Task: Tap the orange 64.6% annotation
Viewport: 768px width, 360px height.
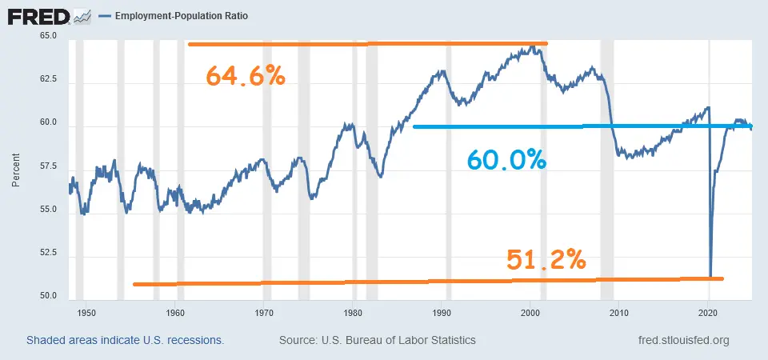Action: point(246,76)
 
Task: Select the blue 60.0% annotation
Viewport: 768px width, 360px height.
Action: point(506,160)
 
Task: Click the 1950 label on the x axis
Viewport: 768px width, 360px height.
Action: point(86,313)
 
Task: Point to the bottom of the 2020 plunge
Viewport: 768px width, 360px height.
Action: point(710,274)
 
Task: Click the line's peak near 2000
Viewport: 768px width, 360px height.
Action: point(531,47)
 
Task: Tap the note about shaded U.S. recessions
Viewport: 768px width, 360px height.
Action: point(125,340)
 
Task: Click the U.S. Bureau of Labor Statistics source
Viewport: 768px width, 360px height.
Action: point(378,340)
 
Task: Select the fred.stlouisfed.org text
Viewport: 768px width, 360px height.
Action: point(678,340)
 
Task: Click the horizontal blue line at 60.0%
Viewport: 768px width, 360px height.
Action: point(560,126)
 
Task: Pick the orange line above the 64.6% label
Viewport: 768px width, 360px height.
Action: point(368,44)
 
